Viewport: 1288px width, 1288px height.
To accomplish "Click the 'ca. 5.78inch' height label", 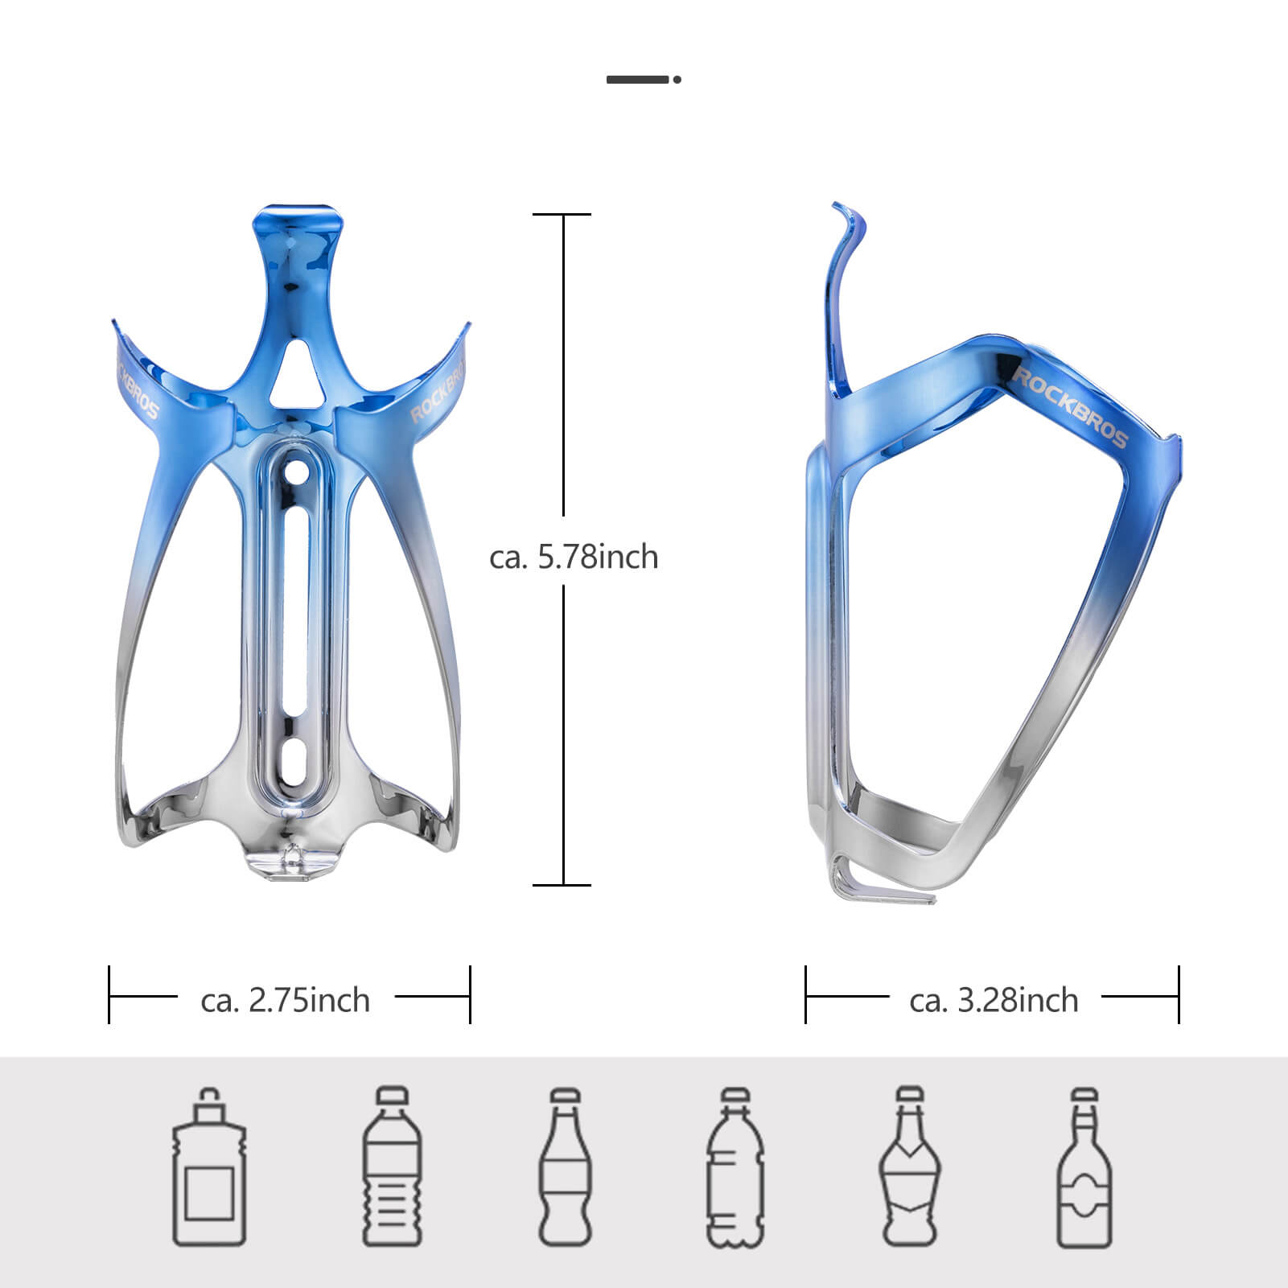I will click(x=573, y=558).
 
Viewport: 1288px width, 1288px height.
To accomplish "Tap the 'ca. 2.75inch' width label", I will click(x=286, y=1000).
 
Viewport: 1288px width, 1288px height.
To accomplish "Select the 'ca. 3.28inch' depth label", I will click(x=994, y=1000).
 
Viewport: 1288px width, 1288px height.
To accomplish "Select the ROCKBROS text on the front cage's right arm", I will click(x=438, y=389).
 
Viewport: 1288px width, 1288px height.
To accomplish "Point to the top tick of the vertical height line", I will click(x=562, y=215).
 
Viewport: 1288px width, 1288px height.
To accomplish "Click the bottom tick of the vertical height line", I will click(x=562, y=885).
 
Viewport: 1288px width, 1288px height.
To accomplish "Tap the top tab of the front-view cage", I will click(x=297, y=221).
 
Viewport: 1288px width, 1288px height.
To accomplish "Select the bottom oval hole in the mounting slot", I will click(x=298, y=760).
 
